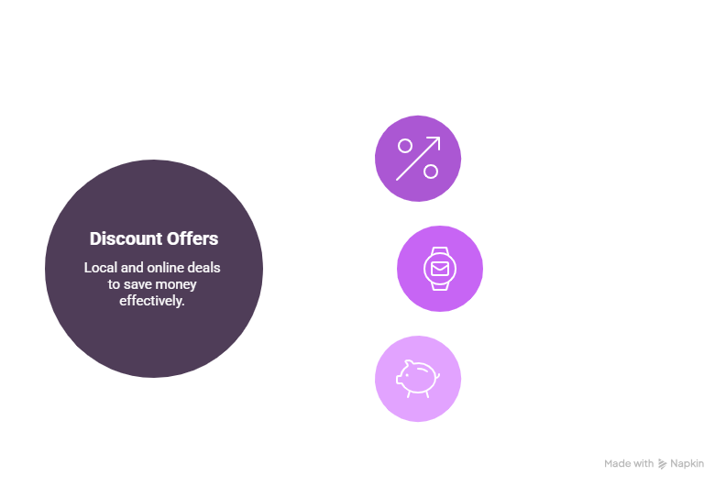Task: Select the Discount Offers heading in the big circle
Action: (x=154, y=238)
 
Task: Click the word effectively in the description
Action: (x=154, y=300)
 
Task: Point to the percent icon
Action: (x=417, y=158)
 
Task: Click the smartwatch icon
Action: (x=440, y=269)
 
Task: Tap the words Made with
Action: (x=629, y=464)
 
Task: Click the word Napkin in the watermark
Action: (x=687, y=464)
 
